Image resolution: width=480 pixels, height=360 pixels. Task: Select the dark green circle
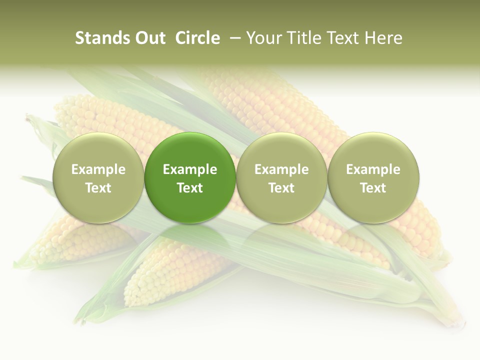(x=190, y=178)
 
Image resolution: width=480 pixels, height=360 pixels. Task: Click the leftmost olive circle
(x=98, y=178)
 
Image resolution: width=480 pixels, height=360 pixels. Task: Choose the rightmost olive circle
(x=373, y=178)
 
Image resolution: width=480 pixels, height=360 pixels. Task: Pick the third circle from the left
(x=281, y=178)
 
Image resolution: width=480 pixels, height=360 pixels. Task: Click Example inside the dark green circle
(x=190, y=169)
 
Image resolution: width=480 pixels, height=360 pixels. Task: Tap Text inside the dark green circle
(x=190, y=188)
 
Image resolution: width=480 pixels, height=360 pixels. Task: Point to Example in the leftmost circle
(x=98, y=169)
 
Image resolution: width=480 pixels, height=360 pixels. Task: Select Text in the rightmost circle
(x=373, y=188)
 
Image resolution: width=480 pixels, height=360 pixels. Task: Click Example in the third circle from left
(x=281, y=169)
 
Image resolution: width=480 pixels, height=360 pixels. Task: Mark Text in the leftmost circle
(x=98, y=188)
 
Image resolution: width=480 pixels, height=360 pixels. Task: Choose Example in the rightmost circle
(x=373, y=169)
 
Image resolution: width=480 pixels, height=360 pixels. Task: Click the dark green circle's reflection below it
(x=190, y=237)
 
